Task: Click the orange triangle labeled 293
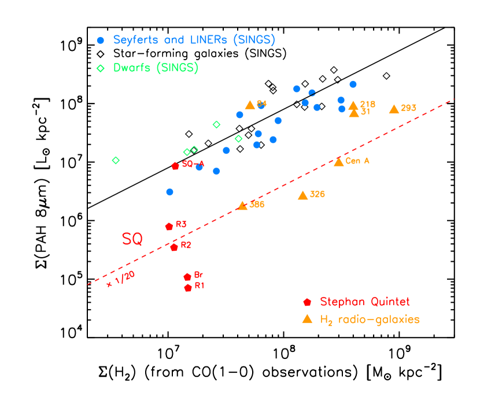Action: (x=394, y=109)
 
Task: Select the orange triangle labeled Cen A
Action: (x=339, y=162)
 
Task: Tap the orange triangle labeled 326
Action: (x=302, y=195)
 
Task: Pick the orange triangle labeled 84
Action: (x=250, y=105)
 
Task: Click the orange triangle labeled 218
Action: (x=353, y=105)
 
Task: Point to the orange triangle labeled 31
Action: (x=354, y=113)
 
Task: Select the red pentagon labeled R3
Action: (x=169, y=227)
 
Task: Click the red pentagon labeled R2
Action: (x=174, y=247)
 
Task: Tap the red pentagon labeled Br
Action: (x=187, y=277)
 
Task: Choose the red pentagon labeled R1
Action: (x=188, y=288)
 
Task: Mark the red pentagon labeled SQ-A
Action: (x=175, y=166)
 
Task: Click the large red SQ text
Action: (x=132, y=239)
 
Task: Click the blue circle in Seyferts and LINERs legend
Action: (x=101, y=40)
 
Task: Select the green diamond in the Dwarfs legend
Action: (x=101, y=68)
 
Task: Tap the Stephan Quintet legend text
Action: (x=364, y=302)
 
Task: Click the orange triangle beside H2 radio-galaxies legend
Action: (x=308, y=318)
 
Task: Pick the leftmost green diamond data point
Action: (x=116, y=160)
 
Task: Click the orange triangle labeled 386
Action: (x=242, y=206)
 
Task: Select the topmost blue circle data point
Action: (x=353, y=84)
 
